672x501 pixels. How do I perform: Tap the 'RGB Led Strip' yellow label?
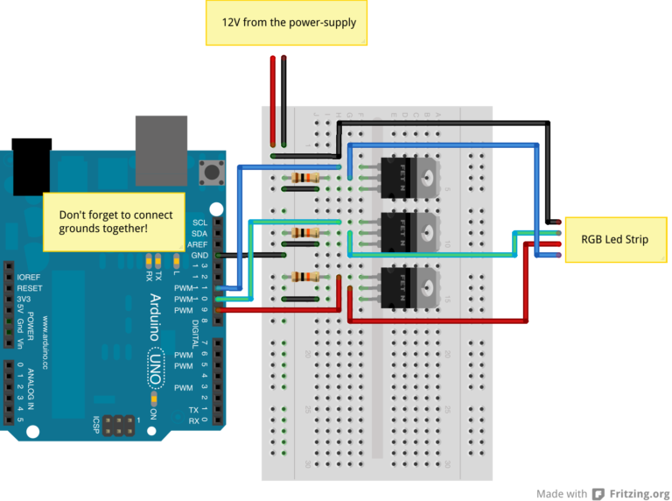tap(614, 238)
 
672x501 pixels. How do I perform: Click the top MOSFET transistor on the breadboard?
tap(407, 177)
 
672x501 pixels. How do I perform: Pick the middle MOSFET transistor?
tap(407, 230)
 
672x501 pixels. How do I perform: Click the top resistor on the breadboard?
tap(305, 178)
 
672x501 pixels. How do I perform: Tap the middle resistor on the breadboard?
tap(305, 233)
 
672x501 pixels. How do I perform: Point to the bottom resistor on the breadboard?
tap(305, 277)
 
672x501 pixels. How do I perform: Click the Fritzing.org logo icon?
tap(598, 493)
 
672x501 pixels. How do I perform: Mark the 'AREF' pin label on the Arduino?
tap(198, 244)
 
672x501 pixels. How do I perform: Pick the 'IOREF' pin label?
tap(29, 276)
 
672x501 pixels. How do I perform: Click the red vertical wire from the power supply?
tap(273, 101)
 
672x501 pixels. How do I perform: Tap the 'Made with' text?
tap(562, 493)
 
